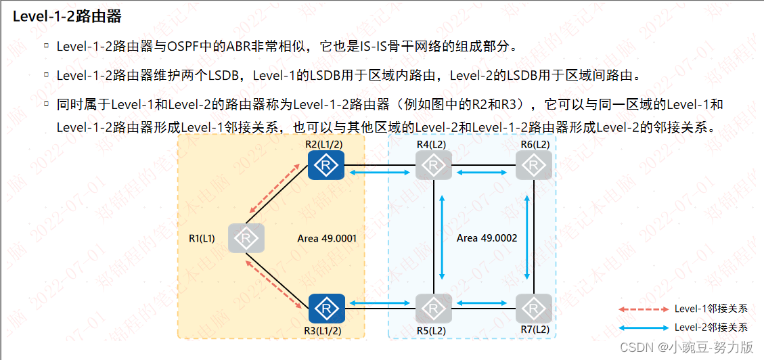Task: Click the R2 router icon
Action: point(327,165)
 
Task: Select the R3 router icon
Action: point(327,309)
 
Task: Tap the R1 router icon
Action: point(246,238)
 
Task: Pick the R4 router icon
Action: point(433,165)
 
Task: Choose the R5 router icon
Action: point(433,309)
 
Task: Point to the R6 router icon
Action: point(534,165)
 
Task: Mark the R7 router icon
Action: point(534,309)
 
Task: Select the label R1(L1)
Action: point(202,238)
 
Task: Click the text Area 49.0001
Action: point(327,238)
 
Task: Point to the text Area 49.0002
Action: point(487,238)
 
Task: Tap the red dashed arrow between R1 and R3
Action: point(274,280)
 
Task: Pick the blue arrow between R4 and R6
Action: point(483,174)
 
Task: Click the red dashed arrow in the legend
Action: point(643,309)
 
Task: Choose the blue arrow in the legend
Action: point(643,328)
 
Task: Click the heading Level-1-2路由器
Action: point(58,16)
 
